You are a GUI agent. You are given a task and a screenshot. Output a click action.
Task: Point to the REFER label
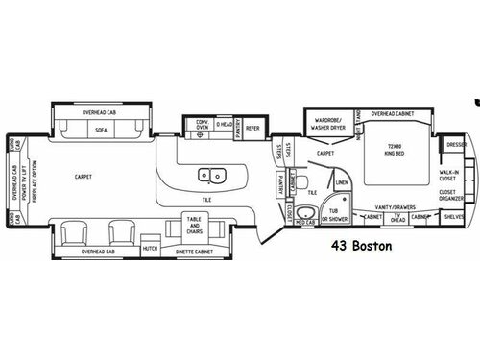click(252, 127)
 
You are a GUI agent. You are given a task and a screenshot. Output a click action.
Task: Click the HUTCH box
click(149, 248)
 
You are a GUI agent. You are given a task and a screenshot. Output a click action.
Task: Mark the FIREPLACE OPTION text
click(31, 180)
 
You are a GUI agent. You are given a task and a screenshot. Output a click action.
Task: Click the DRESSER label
click(454, 147)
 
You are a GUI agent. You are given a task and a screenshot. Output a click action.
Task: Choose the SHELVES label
click(454, 217)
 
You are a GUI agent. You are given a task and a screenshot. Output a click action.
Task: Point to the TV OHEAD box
click(396, 218)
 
